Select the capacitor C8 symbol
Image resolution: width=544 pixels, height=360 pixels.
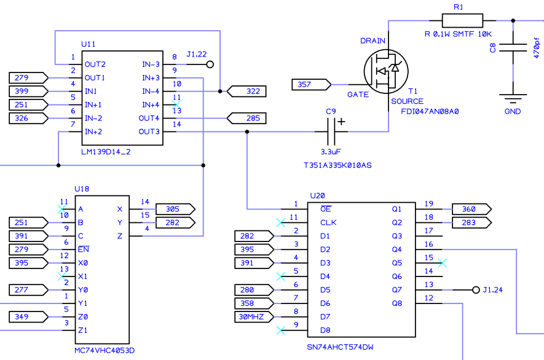(x=512, y=47)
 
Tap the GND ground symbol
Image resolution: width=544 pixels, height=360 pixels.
(x=512, y=97)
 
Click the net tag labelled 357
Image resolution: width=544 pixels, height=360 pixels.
(x=311, y=84)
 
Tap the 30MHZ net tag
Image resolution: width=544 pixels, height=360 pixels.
(x=254, y=317)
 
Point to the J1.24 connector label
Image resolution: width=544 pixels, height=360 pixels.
(x=493, y=290)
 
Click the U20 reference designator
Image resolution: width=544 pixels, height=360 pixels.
(x=317, y=195)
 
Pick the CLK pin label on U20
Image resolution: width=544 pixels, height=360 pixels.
(x=328, y=222)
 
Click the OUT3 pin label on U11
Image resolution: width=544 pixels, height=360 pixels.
(x=149, y=131)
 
